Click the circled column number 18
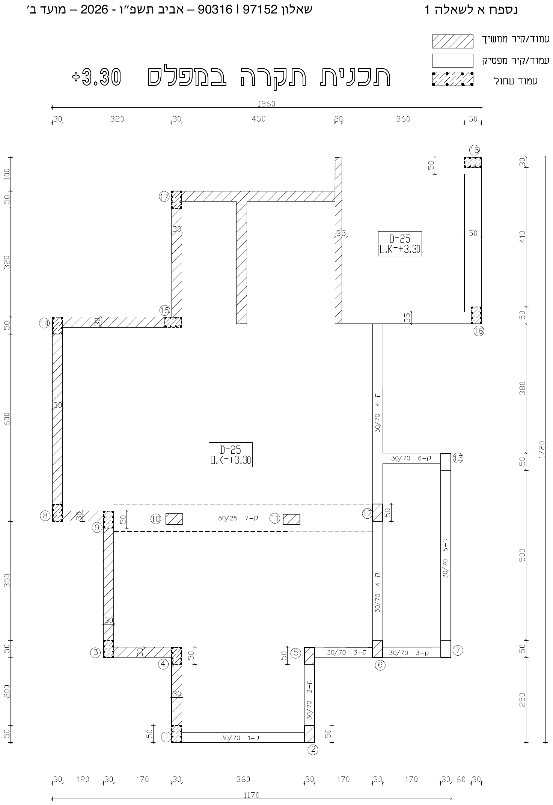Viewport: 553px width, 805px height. pyautogui.click(x=475, y=150)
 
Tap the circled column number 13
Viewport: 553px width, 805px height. pyautogui.click(x=458, y=458)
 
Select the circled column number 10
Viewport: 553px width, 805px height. pyautogui.click(x=156, y=519)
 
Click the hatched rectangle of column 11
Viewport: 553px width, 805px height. pyautogui.click(x=291, y=519)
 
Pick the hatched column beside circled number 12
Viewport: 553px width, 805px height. pyautogui.click(x=378, y=513)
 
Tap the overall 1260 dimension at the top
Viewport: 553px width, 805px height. pyautogui.click(x=267, y=104)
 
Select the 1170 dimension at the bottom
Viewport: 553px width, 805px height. pyautogui.click(x=251, y=795)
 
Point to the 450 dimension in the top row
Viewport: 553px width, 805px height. pyautogui.click(x=259, y=119)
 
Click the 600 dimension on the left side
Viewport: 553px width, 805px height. pyautogui.click(x=7, y=419)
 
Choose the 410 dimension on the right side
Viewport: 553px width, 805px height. pyautogui.click(x=523, y=236)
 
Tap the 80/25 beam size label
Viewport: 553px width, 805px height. pyautogui.click(x=228, y=519)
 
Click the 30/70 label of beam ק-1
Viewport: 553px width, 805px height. pyautogui.click(x=231, y=738)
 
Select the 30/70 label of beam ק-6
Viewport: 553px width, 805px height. pyautogui.click(x=401, y=458)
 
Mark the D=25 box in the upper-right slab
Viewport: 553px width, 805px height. pyautogui.click(x=400, y=244)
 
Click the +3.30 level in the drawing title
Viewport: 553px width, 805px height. pyautogui.click(x=96, y=77)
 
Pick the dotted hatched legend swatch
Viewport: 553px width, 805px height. pyautogui.click(x=452, y=79)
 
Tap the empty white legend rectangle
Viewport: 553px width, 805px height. pyautogui.click(x=452, y=60)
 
